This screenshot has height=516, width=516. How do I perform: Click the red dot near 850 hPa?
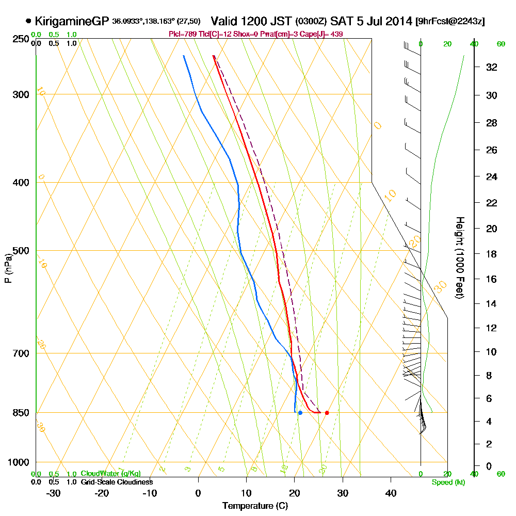(327, 413)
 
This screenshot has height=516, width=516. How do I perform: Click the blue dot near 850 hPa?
(300, 413)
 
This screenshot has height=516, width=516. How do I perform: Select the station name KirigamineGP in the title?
(72, 21)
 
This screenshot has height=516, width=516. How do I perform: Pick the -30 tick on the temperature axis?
(54, 493)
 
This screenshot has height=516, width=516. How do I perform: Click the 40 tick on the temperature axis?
(391, 493)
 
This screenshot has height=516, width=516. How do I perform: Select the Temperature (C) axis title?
(255, 506)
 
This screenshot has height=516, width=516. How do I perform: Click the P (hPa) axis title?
(8, 268)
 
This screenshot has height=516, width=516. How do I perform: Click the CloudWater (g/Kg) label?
(110, 474)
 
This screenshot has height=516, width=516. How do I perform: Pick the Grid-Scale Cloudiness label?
(117, 482)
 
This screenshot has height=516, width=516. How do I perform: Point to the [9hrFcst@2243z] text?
(449, 22)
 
